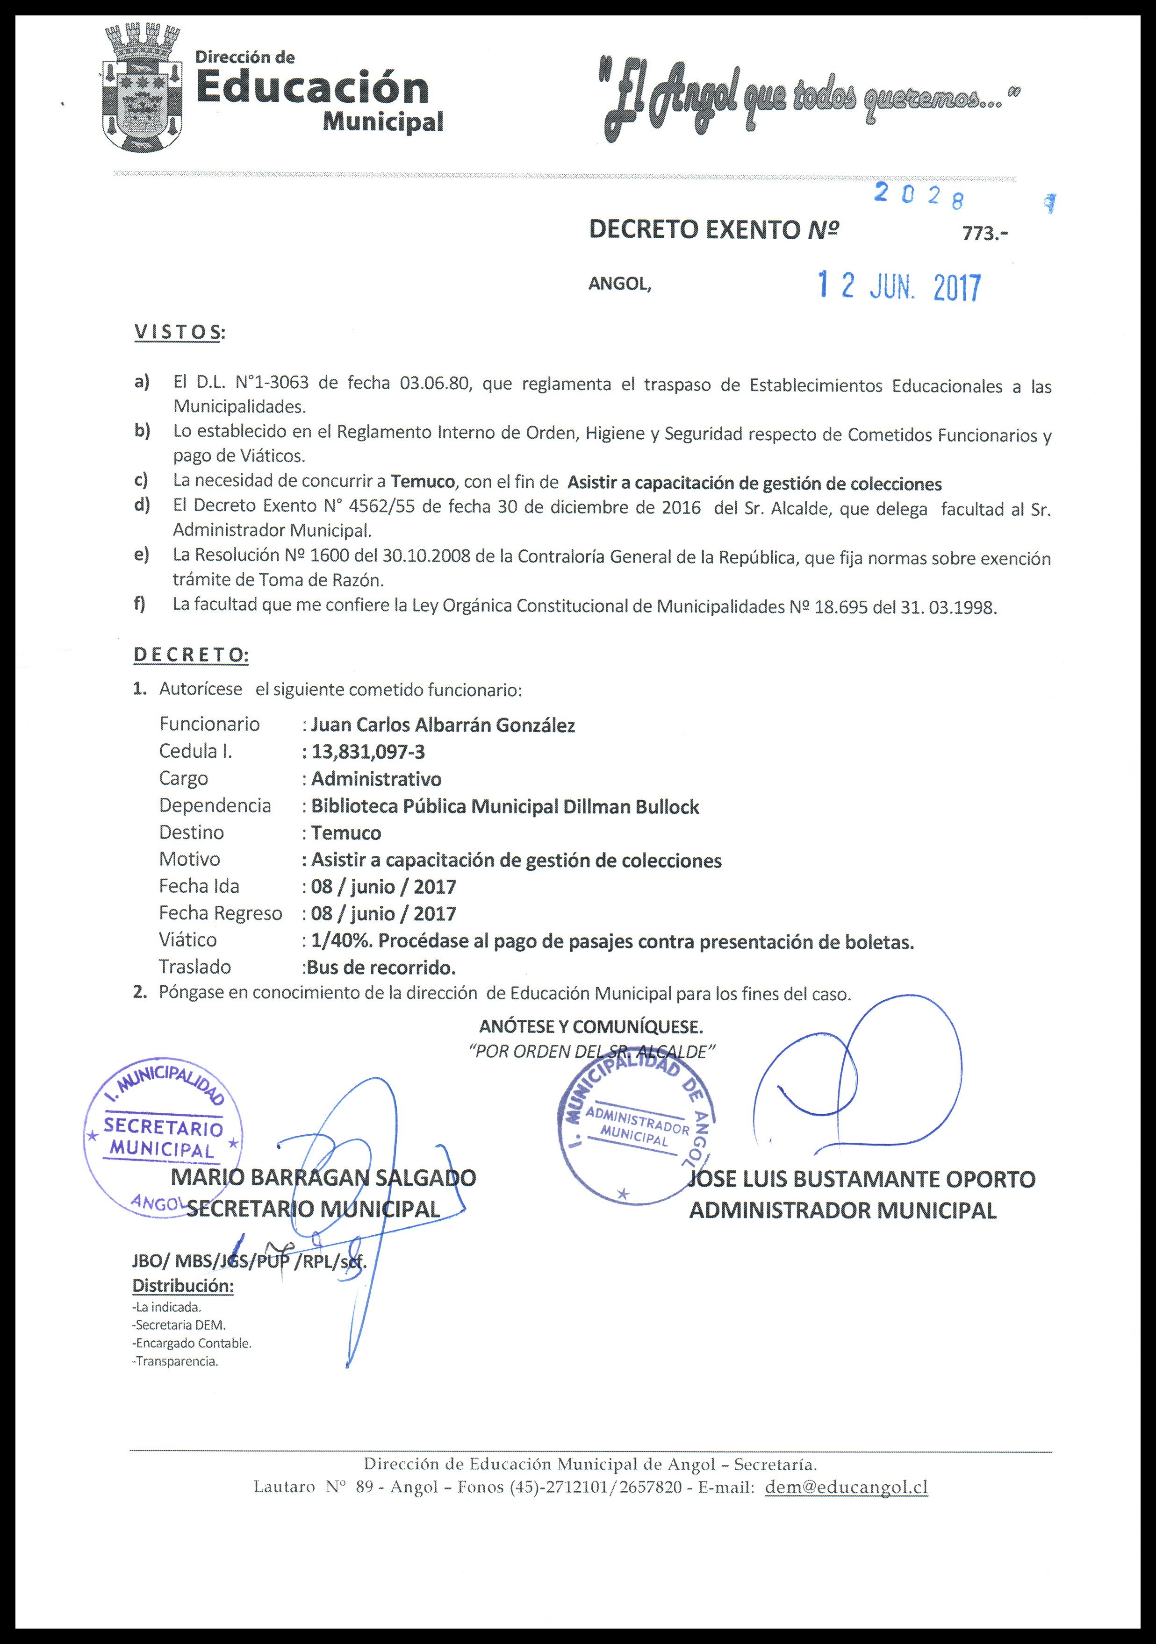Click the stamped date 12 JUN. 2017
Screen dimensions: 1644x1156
point(899,287)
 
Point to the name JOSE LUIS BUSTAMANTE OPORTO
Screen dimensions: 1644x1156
point(862,1179)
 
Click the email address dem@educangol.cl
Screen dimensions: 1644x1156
point(847,1487)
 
